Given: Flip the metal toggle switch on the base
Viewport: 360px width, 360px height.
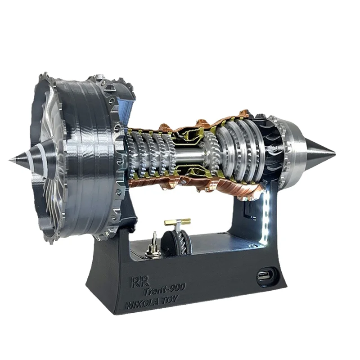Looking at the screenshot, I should point(153,243).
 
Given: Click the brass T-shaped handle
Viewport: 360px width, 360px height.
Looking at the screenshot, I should point(177,223).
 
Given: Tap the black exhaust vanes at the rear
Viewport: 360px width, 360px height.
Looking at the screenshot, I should point(270,144).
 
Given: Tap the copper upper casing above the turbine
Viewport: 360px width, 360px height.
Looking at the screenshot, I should point(229,120).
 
